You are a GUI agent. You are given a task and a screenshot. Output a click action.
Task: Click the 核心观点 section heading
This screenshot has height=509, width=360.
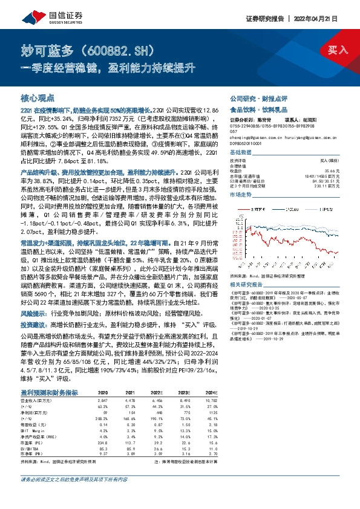38,97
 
